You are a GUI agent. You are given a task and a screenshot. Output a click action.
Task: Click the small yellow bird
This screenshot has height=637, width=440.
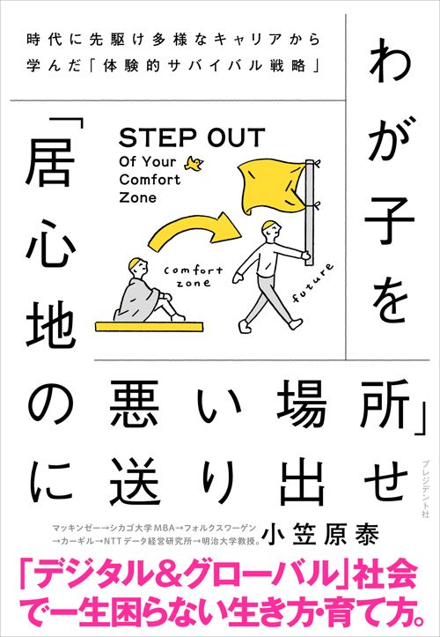point(194,163)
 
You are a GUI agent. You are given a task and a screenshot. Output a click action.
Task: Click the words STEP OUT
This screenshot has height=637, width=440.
point(192,137)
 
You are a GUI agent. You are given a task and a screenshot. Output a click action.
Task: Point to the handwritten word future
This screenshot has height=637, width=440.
point(313,283)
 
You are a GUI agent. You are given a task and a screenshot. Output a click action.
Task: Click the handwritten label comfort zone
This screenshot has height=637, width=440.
point(193,277)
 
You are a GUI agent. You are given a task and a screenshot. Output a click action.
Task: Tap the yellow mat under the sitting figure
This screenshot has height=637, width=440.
point(149,326)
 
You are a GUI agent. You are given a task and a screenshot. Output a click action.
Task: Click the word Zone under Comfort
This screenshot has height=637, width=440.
point(138,197)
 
